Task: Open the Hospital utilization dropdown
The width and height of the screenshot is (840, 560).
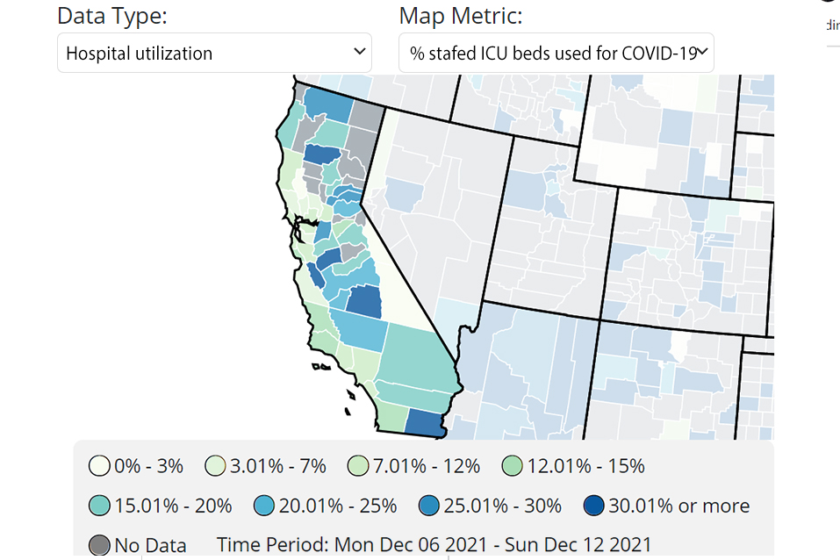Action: [x=214, y=53]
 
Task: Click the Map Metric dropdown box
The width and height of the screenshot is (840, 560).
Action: [x=556, y=53]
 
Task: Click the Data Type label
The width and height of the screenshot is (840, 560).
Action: [x=112, y=16]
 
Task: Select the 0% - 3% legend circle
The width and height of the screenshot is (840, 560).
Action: [x=100, y=466]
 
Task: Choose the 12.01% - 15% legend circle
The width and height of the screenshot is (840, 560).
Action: [x=513, y=466]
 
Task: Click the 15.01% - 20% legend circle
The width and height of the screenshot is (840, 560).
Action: [x=100, y=506]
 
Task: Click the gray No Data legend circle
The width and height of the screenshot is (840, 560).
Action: [x=100, y=544]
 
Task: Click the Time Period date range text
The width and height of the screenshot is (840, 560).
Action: [x=434, y=545]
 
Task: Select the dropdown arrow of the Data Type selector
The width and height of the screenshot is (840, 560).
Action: [x=359, y=52]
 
